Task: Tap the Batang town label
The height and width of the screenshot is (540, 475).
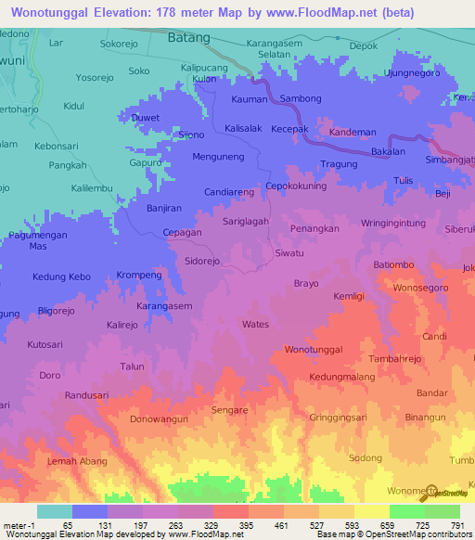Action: point(189,38)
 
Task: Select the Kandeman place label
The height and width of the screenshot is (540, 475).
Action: point(353,132)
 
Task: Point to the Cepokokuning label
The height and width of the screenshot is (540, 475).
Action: point(299,185)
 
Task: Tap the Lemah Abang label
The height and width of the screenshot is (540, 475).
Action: point(78,461)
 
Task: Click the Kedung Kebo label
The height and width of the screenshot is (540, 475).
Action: point(61,276)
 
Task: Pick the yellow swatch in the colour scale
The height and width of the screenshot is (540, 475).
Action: point(371,511)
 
